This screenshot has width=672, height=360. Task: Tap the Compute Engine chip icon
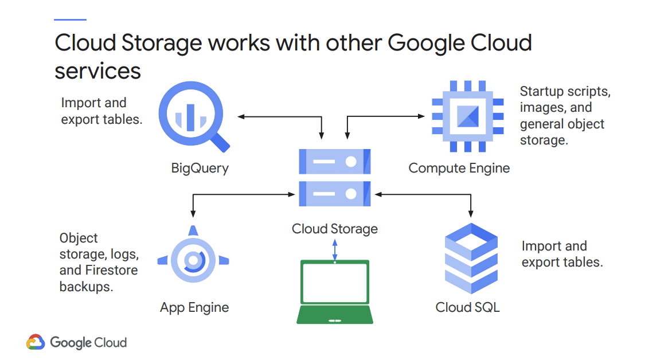[467, 116]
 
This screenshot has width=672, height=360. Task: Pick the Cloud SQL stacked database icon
[471, 258]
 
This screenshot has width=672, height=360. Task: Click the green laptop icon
[335, 292]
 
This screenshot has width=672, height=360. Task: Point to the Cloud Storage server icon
[335, 178]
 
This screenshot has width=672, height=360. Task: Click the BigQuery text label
[200, 168]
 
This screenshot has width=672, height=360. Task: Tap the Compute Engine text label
[459, 168]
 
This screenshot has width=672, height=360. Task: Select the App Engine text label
[194, 307]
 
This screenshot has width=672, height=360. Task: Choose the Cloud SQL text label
[467, 307]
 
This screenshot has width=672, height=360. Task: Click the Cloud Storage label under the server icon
[335, 229]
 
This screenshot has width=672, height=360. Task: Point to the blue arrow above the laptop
[335, 249]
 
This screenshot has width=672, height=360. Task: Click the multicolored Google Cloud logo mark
[36, 342]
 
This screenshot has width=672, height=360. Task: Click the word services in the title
[97, 71]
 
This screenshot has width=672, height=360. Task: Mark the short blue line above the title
[70, 19]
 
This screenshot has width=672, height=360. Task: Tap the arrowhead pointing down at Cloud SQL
[471, 213]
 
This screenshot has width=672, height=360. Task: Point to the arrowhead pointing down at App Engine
[193, 213]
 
